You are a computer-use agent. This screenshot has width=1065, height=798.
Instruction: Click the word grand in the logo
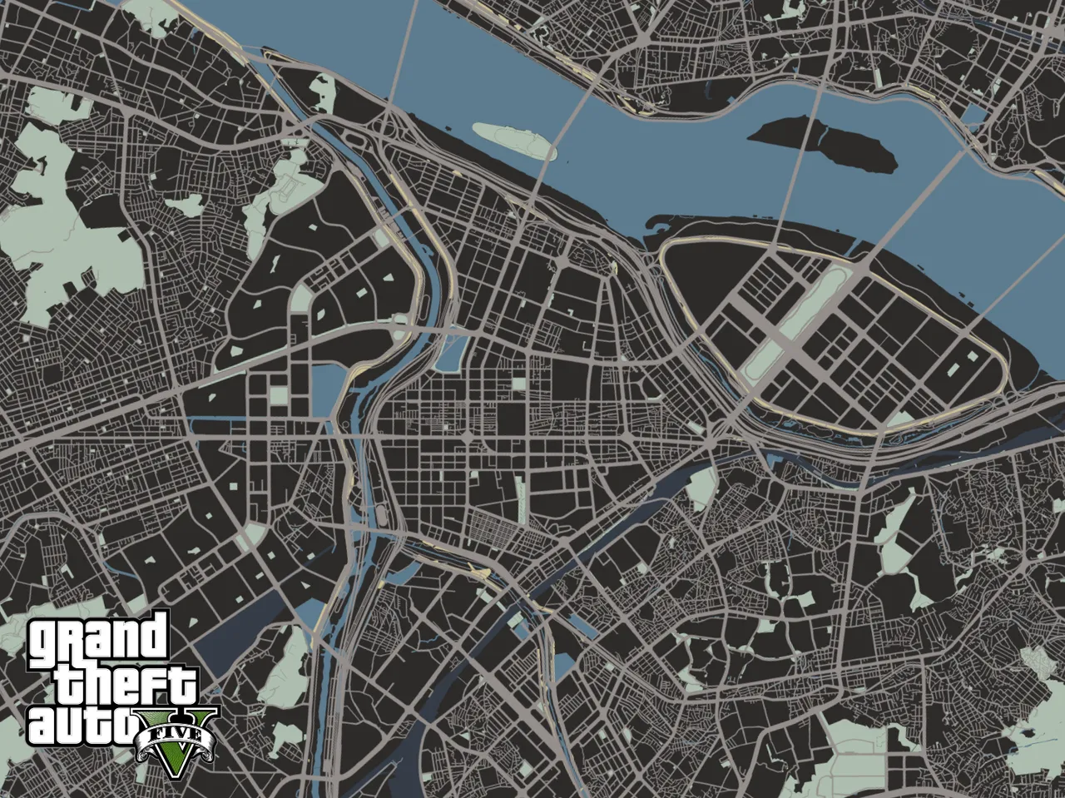[98, 638]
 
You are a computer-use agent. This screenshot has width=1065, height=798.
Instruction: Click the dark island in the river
[824, 145]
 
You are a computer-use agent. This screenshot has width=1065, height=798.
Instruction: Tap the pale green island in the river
[514, 140]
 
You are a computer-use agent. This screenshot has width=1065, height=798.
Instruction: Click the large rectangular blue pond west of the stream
[324, 391]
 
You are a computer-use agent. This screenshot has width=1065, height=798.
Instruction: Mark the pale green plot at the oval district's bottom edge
[898, 419]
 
